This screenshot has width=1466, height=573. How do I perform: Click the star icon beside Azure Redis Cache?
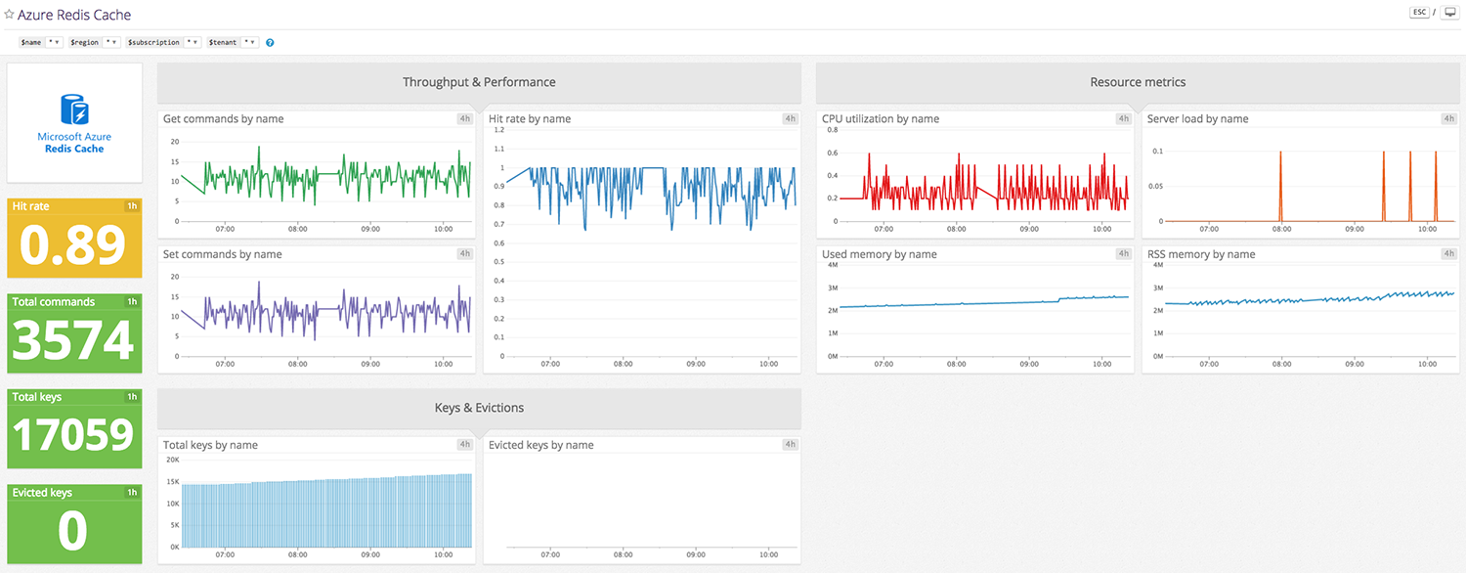10,16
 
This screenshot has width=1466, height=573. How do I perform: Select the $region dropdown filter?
95,43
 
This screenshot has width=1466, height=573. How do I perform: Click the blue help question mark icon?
270,43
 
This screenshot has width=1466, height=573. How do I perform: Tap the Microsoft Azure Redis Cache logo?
74,123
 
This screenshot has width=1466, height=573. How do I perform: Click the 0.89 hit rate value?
74,246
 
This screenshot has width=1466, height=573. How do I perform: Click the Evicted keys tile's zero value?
74,531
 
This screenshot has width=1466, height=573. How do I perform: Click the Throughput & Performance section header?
479,82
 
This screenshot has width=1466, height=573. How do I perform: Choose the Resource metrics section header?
1138,82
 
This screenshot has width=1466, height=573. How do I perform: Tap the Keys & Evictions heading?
479,408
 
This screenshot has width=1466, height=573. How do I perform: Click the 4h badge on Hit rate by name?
790,119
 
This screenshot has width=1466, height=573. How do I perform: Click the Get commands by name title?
223,119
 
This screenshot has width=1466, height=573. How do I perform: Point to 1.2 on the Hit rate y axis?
497,130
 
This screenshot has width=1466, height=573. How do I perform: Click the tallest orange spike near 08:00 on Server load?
1280,154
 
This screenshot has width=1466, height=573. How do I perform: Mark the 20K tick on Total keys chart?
171,460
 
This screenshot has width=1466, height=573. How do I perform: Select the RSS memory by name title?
1200,254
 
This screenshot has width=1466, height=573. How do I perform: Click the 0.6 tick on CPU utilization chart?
832,153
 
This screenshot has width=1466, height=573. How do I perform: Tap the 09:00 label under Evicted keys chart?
696,554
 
